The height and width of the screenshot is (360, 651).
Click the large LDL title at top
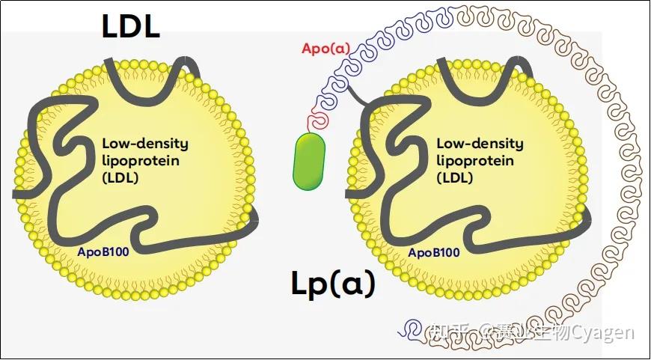click(130, 27)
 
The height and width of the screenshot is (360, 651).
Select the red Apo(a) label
click(325, 49)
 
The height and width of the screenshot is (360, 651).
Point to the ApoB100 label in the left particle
click(103, 252)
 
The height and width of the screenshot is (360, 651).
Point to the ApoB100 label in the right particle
click(434, 252)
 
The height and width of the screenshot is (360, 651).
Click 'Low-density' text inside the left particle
click(144, 143)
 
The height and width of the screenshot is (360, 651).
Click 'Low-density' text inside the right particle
click(480, 143)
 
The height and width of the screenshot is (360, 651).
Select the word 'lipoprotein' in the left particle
click(140, 160)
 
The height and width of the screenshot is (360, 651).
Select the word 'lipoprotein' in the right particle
click(475, 160)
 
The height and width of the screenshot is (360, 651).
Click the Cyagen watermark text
click(603, 332)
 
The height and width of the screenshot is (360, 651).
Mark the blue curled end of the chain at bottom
click(410, 326)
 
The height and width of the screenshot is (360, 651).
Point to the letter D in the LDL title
click(130, 27)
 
